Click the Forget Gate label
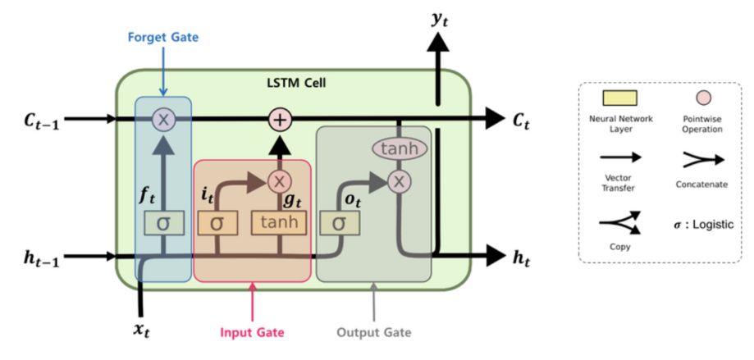coord(163,37)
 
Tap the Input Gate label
coord(252,333)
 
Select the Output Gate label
coord(373,333)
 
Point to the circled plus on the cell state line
coord(281,120)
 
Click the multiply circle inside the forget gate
coord(163,120)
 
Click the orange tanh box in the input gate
coord(281,222)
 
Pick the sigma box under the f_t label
coord(163,222)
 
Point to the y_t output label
coord(441,18)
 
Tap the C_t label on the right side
coord(521,121)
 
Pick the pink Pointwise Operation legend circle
coord(701,99)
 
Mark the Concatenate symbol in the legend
coord(701,160)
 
